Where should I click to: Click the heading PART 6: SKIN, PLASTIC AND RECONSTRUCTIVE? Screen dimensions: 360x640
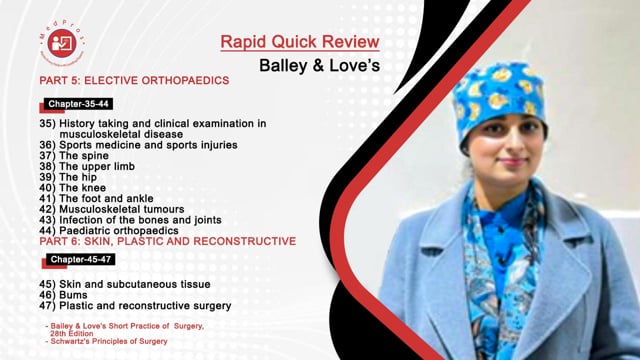pos(163,241)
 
